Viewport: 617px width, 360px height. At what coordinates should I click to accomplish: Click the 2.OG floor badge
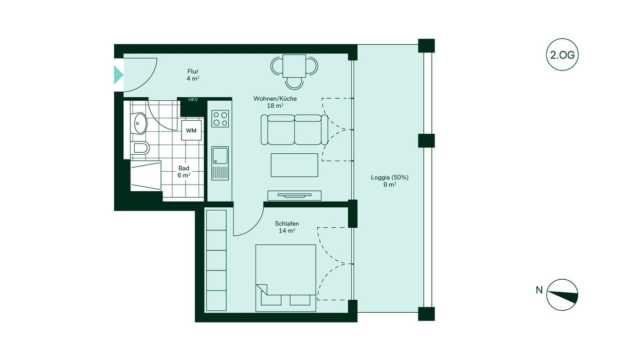point(562,55)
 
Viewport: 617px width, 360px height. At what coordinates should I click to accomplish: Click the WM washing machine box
point(191,130)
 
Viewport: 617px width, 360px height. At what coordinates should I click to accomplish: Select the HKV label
point(193,99)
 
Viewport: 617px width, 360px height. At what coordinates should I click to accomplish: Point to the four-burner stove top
point(220,118)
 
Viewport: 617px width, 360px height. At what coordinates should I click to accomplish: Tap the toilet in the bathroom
point(141,149)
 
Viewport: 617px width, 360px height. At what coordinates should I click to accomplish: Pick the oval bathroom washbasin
point(140,123)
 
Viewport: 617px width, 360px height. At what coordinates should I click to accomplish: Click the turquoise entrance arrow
point(118,75)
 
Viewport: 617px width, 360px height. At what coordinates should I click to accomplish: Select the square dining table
point(294,66)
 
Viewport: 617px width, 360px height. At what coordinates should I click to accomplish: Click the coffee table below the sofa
point(295,165)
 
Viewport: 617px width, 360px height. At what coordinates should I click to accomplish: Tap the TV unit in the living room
point(295,195)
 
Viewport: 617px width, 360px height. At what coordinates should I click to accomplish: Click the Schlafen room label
point(287,224)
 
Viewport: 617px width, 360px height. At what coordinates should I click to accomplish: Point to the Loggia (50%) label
point(390,177)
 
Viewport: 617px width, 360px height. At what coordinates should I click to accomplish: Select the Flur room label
point(193,71)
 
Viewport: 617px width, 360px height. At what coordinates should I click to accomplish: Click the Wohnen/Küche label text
point(275,98)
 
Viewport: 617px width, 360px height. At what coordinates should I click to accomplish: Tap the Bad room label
point(184,168)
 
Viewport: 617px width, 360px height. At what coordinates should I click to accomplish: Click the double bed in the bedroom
point(286,278)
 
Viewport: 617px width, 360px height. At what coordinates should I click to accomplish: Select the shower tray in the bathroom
point(146,176)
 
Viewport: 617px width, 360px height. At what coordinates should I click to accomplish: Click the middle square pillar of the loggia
point(426,141)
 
